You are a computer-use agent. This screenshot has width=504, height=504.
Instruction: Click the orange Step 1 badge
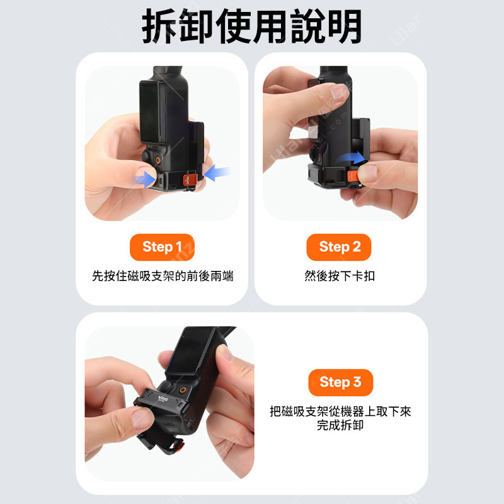coord(162,247)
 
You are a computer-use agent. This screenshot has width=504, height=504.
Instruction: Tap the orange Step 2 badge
coord(339,247)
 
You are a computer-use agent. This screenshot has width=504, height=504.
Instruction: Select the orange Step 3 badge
coord(340,382)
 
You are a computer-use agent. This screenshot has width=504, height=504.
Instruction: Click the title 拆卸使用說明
coord(252,26)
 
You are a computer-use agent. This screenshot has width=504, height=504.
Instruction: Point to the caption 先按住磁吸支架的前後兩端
coord(163,276)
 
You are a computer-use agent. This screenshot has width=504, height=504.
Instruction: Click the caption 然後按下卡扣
coord(340,276)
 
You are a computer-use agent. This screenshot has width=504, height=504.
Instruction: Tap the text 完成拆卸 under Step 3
coord(340,425)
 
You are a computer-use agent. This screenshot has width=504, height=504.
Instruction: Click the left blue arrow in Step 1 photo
coord(146,179)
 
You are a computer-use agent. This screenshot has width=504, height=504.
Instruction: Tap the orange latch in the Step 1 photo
coord(190,180)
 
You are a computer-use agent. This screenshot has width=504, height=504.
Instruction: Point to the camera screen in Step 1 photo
coord(151,112)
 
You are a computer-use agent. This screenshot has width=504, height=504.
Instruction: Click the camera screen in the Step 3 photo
coord(193,351)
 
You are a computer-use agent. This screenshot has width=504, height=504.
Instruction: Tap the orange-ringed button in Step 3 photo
coord(183,391)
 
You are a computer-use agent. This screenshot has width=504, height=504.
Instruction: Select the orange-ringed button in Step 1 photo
coord(158,160)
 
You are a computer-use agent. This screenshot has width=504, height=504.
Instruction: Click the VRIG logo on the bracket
coord(163,399)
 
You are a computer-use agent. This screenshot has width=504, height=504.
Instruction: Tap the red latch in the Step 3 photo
coord(178,447)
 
